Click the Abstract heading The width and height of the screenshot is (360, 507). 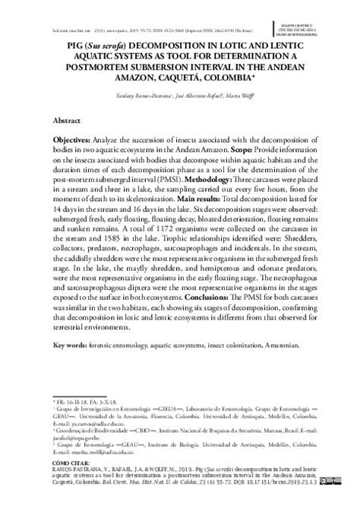pos(67,121)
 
